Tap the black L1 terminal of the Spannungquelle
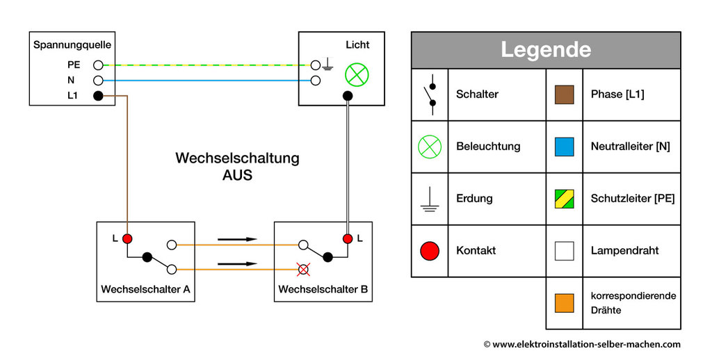98,96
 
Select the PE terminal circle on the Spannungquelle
98,65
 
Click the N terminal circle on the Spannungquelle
98,81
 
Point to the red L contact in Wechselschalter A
127,239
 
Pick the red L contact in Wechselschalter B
347,239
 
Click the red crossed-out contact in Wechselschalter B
302,269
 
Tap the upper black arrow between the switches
237,240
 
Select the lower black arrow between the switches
237,264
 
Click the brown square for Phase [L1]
564,94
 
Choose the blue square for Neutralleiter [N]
564,147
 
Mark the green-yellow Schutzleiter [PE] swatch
564,199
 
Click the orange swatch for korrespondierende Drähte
564,303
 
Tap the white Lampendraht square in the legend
564,250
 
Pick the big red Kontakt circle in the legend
430,250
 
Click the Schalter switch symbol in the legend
430,95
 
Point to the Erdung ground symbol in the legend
430,199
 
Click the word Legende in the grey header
546,50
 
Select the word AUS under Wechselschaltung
237,176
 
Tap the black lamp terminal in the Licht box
347,96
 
